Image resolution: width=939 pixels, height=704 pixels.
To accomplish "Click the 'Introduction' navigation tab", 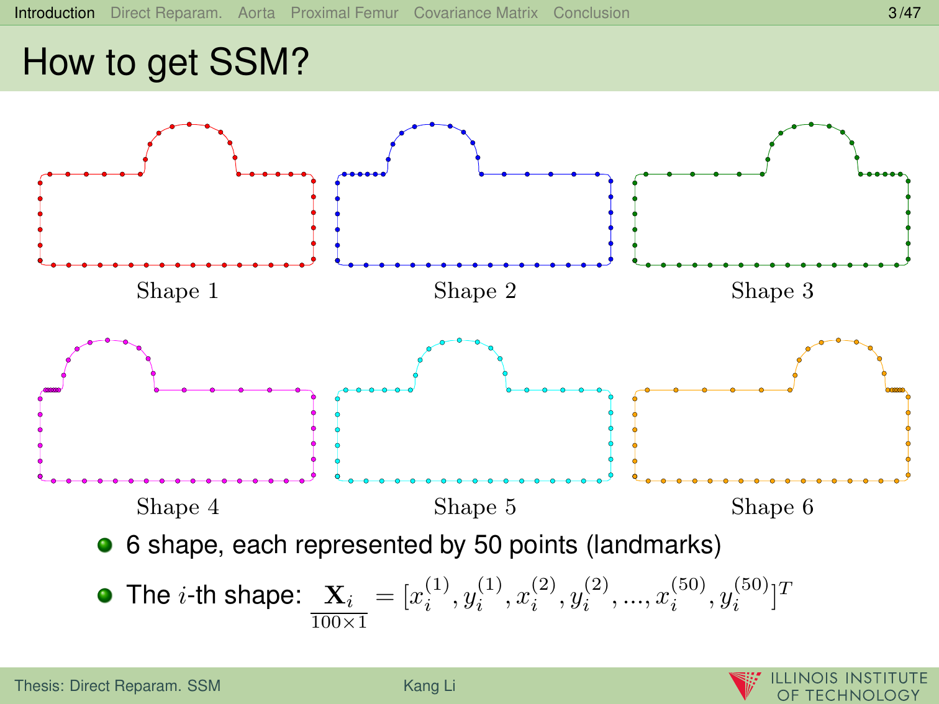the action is (54, 13).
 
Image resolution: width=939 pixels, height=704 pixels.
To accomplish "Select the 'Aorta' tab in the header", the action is (256, 13).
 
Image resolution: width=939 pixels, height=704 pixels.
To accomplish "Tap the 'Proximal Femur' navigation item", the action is (345, 13).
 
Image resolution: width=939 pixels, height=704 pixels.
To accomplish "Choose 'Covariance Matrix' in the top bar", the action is (476, 13).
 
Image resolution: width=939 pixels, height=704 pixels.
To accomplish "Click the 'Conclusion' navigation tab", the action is (591, 13).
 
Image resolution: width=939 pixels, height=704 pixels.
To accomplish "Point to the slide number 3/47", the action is (904, 13).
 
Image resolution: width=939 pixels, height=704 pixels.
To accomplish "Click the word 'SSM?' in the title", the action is (259, 62).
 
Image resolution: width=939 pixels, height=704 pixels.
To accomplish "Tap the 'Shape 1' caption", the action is (178, 291).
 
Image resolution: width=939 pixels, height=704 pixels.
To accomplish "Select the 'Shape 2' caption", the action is (475, 291).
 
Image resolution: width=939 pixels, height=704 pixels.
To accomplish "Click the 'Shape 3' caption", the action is (772, 291).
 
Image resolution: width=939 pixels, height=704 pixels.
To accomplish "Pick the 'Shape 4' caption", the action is (178, 507).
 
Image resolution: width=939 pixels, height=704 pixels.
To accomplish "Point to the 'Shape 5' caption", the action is (475, 507).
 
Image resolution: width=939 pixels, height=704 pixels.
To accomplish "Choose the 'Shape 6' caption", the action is (772, 507).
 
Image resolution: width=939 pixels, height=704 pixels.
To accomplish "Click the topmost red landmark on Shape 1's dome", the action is (189, 124).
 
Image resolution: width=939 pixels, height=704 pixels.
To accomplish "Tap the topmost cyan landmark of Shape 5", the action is (460, 340).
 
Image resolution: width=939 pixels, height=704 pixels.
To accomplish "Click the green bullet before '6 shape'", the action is (105, 545).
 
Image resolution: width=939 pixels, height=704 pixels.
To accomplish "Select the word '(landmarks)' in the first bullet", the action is (654, 545).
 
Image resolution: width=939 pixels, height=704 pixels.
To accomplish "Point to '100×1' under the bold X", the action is (339, 622).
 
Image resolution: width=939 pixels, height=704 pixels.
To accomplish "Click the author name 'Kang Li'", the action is (430, 685).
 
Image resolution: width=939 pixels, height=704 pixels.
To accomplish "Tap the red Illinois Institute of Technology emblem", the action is (745, 685).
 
